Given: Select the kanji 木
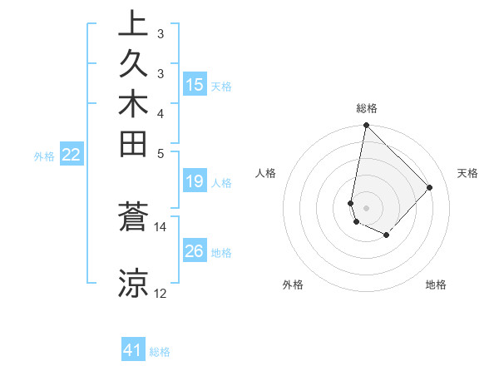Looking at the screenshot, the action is click(133, 106).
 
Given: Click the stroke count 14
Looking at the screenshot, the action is click(161, 226).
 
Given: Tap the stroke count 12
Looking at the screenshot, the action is click(161, 294).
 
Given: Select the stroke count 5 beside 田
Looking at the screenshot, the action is click(161, 153).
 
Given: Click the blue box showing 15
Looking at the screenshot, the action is click(195, 85).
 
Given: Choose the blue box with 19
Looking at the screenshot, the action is click(195, 181).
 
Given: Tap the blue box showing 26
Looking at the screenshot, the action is click(195, 251).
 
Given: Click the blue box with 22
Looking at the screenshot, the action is click(72, 155).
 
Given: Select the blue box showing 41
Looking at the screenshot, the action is click(133, 350).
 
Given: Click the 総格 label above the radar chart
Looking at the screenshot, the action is click(366, 109).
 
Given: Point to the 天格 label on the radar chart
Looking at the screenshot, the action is click(467, 173).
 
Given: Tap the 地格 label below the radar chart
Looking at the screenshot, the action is click(436, 285).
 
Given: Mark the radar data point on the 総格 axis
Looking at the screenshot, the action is click(366, 126).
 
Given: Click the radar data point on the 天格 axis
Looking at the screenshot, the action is click(429, 187).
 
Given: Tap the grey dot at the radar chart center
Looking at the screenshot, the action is click(366, 207).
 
